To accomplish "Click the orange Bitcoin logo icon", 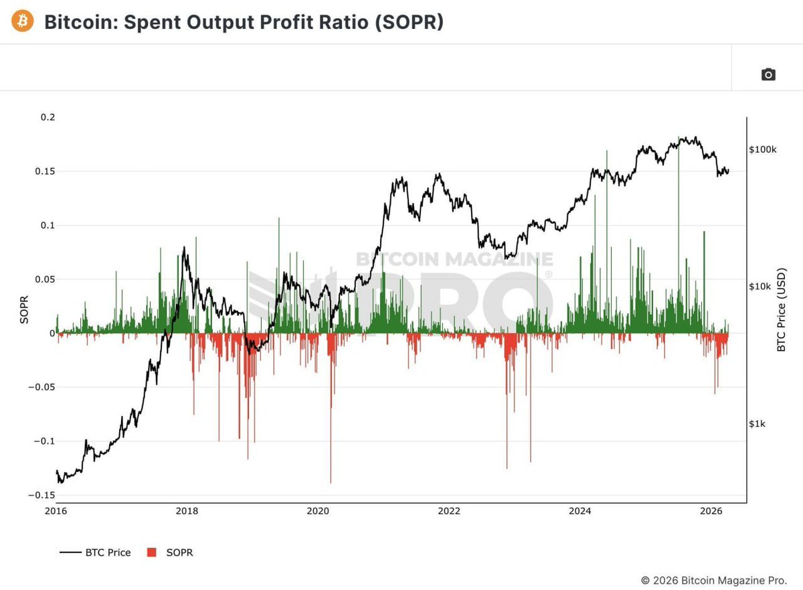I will [22, 22].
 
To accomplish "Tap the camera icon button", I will [768, 74].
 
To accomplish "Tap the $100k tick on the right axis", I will [763, 149].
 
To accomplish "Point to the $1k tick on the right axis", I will [759, 424].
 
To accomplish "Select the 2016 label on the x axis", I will [57, 512].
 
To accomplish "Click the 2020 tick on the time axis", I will [318, 512].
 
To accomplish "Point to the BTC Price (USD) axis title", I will [781, 312].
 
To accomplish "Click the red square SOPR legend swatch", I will [151, 552].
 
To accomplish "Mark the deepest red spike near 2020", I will [331, 481].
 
